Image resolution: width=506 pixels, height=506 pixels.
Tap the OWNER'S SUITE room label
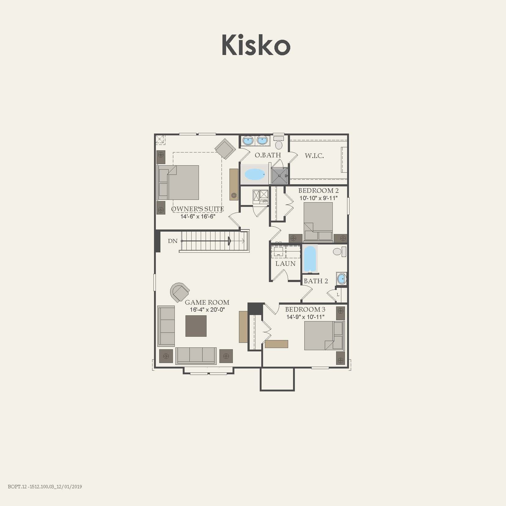197,209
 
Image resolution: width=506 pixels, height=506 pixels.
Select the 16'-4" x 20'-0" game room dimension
207,310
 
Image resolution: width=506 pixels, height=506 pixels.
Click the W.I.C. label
314,156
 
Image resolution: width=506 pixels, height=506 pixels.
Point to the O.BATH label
268,155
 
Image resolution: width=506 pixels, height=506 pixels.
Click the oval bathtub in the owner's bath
255,174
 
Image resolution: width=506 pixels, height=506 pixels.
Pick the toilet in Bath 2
339,252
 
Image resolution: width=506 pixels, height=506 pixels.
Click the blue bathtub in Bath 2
310,258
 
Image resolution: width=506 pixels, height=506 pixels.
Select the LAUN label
285,264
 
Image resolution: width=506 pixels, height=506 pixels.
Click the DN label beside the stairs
173,241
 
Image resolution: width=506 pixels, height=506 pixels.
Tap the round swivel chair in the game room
180,292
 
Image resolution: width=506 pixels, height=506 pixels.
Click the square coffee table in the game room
196,326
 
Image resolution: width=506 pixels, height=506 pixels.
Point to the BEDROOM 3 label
305,310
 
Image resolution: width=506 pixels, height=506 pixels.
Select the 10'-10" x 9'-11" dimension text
318,198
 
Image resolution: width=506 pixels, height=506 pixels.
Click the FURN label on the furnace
264,201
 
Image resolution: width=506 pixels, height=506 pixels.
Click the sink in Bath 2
341,279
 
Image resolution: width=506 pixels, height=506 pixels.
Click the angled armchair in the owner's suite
225,148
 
